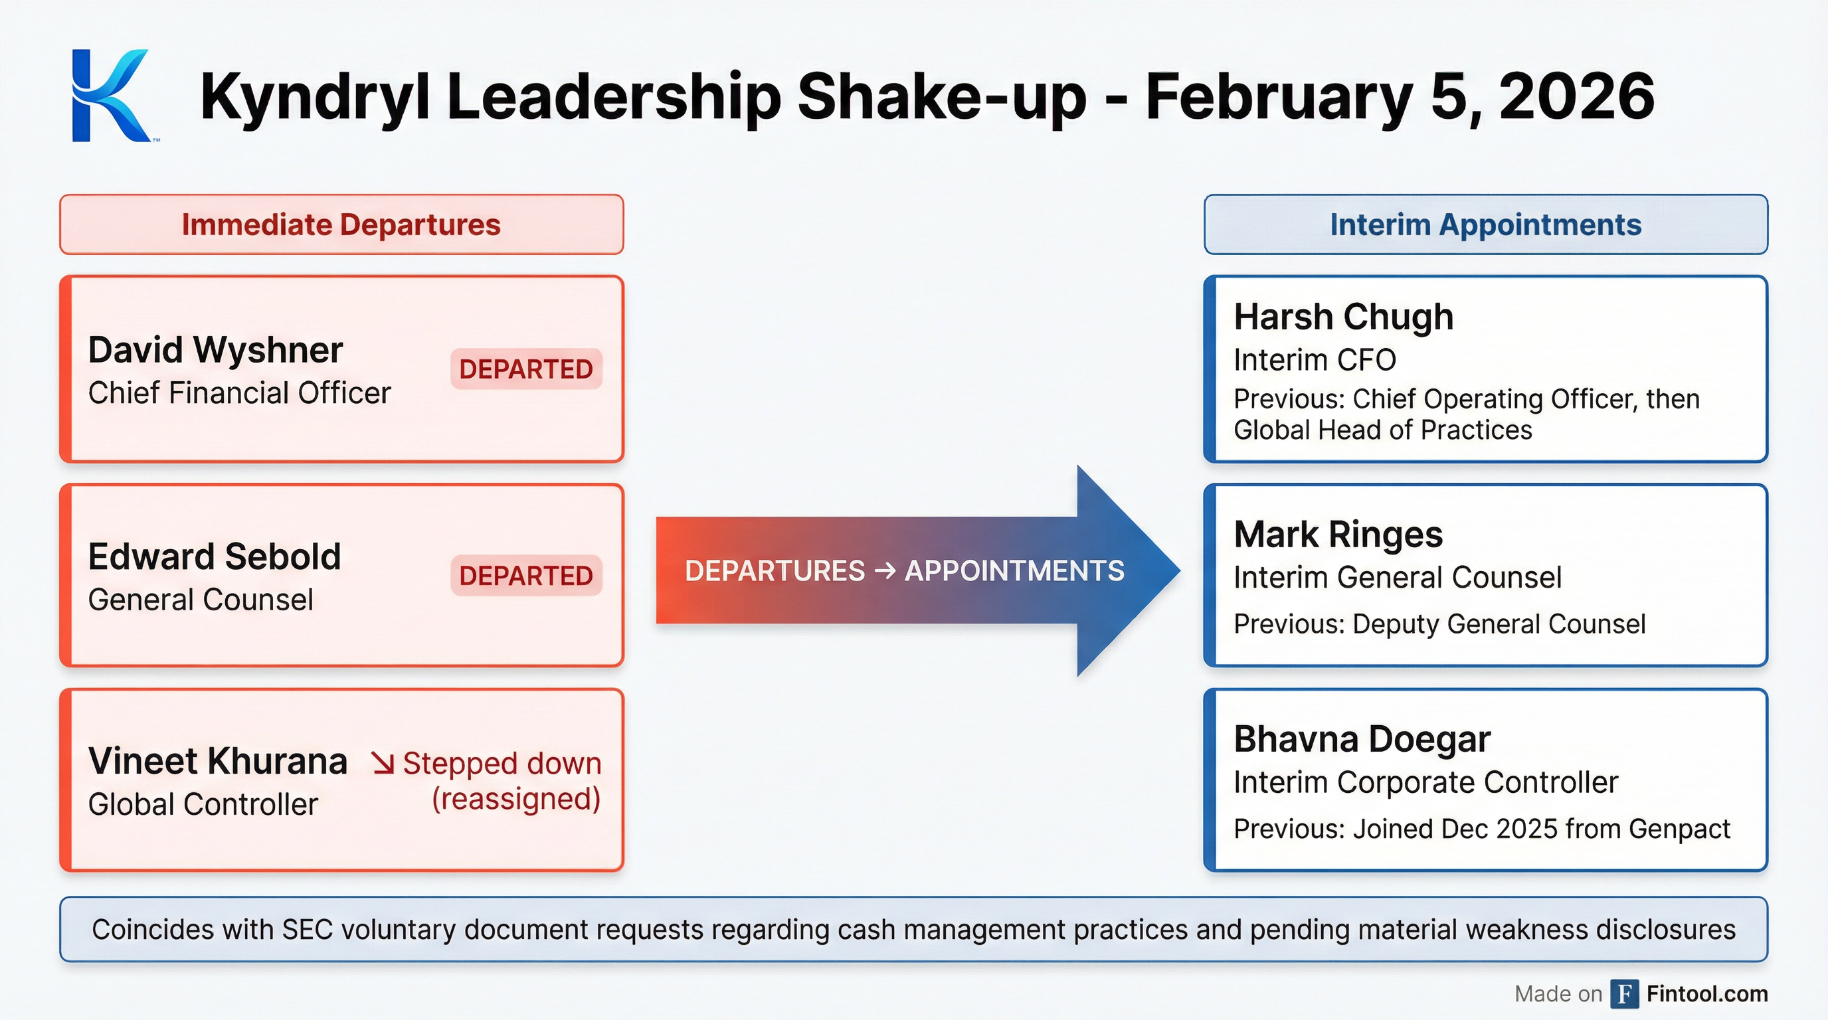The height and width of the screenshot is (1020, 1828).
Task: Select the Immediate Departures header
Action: pos(341,225)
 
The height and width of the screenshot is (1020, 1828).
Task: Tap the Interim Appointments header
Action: pos(1485,225)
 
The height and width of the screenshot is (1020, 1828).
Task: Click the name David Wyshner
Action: pos(215,350)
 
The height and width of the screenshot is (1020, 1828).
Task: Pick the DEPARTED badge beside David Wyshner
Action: pos(526,369)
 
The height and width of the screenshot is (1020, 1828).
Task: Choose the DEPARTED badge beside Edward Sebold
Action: pos(526,575)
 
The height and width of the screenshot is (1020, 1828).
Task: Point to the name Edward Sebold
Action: pos(215,556)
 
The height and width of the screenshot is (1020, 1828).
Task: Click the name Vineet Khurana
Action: pos(217,761)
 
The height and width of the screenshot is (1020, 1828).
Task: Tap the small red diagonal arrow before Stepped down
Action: pos(383,763)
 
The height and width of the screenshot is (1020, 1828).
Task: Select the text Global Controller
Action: pos(203,804)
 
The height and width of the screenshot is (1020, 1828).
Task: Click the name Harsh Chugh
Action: pos(1343,316)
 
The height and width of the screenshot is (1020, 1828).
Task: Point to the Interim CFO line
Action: pos(1315,361)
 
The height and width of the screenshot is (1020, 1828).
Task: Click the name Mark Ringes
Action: pos(1338,534)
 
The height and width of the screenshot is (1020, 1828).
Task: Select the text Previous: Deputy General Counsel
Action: pos(1439,624)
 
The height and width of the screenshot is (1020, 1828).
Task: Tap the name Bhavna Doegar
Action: pos(1362,739)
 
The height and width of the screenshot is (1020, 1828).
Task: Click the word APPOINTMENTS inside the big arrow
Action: pos(1014,571)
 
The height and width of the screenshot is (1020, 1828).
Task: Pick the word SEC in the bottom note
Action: pos(308,930)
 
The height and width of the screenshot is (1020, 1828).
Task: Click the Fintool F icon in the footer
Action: pos(1624,993)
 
